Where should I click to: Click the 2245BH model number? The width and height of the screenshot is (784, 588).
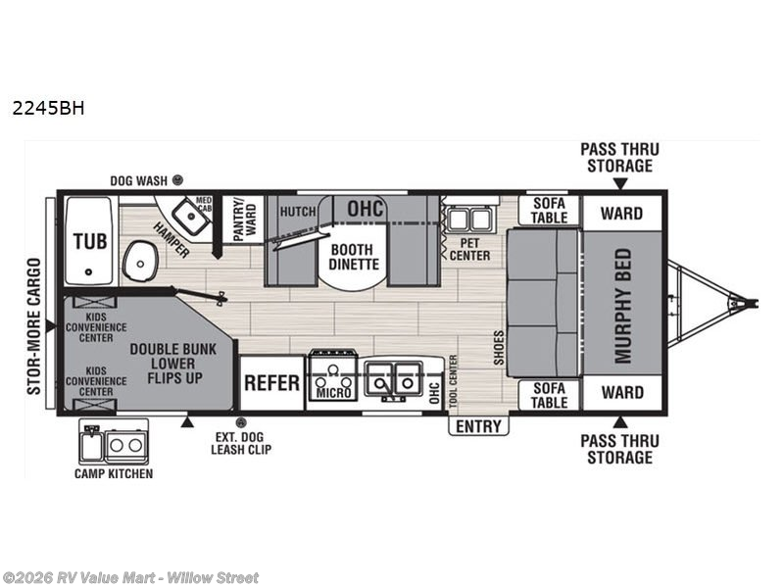pyautogui.click(x=48, y=108)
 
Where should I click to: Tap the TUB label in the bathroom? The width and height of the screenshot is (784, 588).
pyautogui.click(x=90, y=241)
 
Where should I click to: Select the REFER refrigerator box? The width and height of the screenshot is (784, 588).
pyautogui.click(x=272, y=383)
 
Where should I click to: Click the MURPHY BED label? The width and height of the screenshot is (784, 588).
pyautogui.click(x=623, y=306)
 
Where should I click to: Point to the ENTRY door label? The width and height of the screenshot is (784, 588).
pyautogui.click(x=478, y=426)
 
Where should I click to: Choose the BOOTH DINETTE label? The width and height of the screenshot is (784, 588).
pyautogui.click(x=354, y=257)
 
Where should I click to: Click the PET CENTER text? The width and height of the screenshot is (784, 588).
pyautogui.click(x=469, y=249)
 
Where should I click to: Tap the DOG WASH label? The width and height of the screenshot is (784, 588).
pyautogui.click(x=138, y=180)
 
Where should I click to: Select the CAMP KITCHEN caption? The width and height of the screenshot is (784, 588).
pyautogui.click(x=114, y=473)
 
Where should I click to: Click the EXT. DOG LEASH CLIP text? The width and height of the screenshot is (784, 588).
pyautogui.click(x=241, y=443)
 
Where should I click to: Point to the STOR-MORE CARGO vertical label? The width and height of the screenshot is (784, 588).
pyautogui.click(x=33, y=326)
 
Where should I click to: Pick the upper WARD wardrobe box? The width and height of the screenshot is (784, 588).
pyautogui.click(x=621, y=213)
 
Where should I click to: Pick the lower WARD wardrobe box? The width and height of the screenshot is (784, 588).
pyautogui.click(x=622, y=393)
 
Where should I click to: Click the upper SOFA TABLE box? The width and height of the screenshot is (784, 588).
pyautogui.click(x=549, y=211)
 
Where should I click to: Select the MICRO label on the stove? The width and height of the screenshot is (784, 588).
pyautogui.click(x=333, y=393)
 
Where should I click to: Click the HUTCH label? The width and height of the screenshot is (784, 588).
pyautogui.click(x=298, y=212)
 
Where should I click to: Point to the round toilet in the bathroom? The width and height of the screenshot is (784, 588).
pyautogui.click(x=140, y=262)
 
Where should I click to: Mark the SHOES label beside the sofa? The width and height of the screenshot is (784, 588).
pyautogui.click(x=499, y=348)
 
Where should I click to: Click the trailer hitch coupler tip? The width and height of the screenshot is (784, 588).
pyautogui.click(x=754, y=303)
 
